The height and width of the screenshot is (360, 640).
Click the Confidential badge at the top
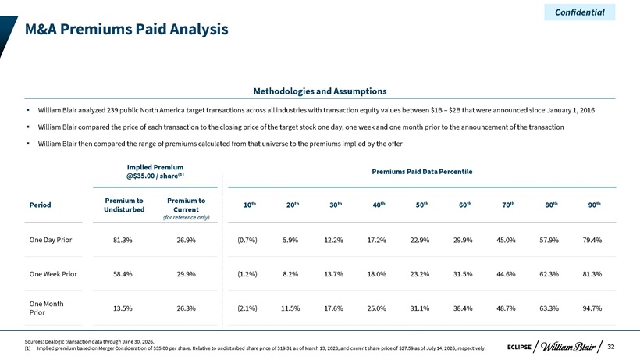click(x=580, y=12)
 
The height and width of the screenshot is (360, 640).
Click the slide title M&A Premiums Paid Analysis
click(x=126, y=29)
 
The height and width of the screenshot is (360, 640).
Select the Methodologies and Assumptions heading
click(x=320, y=91)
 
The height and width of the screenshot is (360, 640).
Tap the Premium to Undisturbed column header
click(x=124, y=205)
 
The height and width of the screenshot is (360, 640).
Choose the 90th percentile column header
click(x=594, y=205)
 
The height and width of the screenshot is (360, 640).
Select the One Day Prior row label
click(x=51, y=240)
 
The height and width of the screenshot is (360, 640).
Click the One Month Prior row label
click(x=47, y=308)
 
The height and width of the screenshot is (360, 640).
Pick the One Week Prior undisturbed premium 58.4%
click(x=123, y=274)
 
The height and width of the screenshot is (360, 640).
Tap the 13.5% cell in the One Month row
click(x=123, y=308)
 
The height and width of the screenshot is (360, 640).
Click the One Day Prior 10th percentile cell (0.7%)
click(x=247, y=240)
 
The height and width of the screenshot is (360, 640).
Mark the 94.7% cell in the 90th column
click(x=592, y=308)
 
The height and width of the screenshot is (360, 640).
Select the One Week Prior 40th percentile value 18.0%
click(x=376, y=274)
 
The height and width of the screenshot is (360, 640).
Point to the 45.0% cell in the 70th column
click(x=506, y=240)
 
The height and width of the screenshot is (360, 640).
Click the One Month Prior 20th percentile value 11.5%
click(x=290, y=308)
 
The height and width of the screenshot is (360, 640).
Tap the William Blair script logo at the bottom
click(x=567, y=347)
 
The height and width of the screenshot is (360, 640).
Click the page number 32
click(x=610, y=347)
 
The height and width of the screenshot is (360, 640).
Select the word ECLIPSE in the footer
click(x=519, y=347)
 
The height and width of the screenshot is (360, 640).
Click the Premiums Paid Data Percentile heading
click(x=422, y=172)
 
